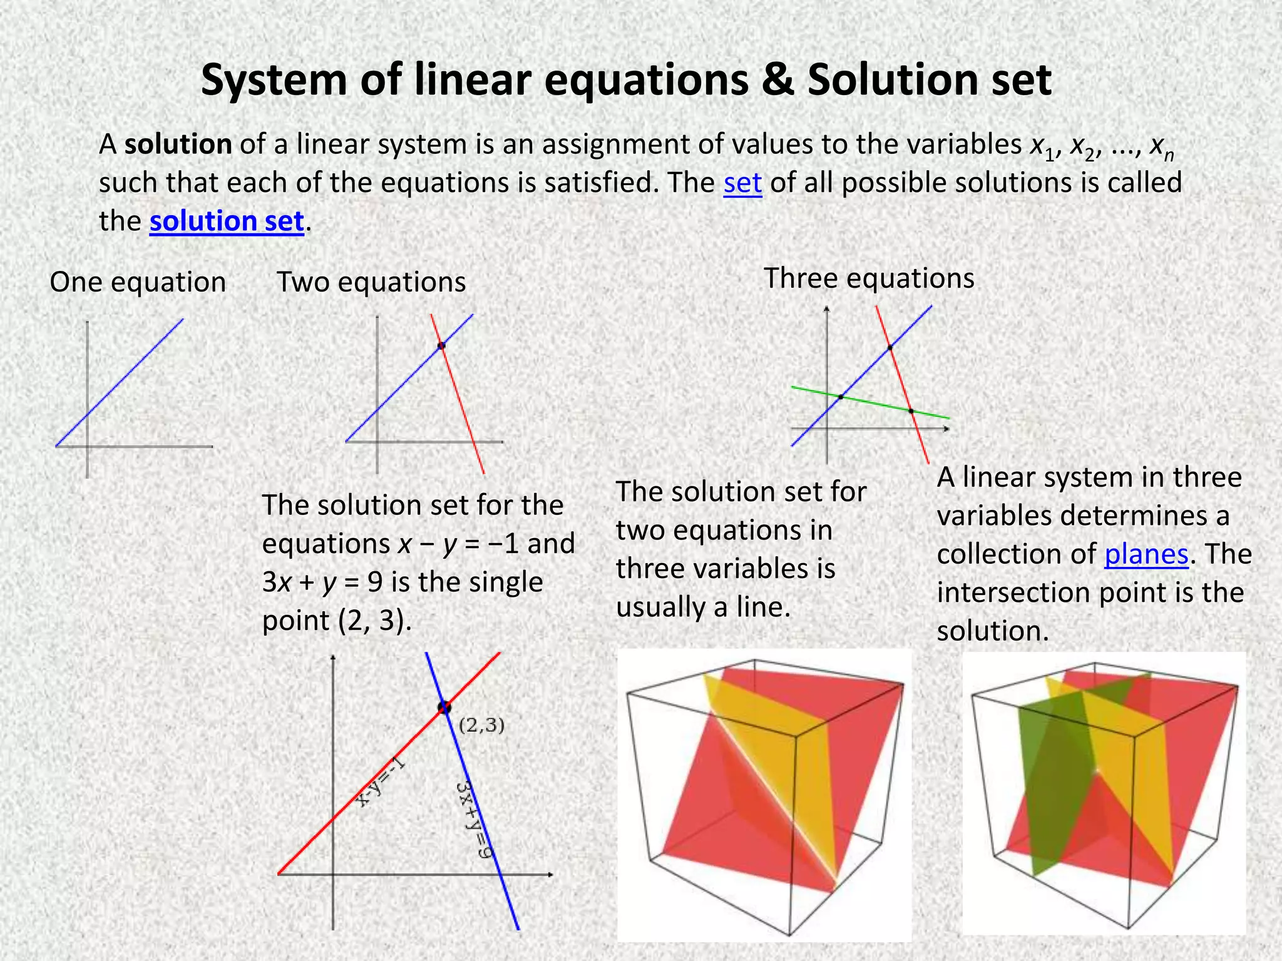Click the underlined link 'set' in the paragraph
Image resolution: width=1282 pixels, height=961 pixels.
pyautogui.click(x=742, y=183)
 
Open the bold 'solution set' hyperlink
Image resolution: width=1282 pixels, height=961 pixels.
pyautogui.click(x=227, y=221)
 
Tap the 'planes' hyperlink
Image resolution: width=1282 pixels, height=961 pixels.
pyautogui.click(x=1146, y=554)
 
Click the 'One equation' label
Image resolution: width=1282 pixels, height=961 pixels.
pyautogui.click(x=138, y=282)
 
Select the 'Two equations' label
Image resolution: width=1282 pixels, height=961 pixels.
pyautogui.click(x=371, y=282)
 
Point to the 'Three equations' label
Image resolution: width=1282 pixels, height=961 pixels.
pyautogui.click(x=869, y=278)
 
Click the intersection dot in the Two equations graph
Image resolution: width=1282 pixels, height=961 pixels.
pyautogui.click(x=441, y=345)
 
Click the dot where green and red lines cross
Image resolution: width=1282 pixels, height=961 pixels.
pyautogui.click(x=911, y=411)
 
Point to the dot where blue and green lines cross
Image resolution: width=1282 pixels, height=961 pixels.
pyautogui.click(x=841, y=397)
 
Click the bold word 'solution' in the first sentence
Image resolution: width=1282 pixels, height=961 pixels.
pyautogui.click(x=178, y=145)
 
